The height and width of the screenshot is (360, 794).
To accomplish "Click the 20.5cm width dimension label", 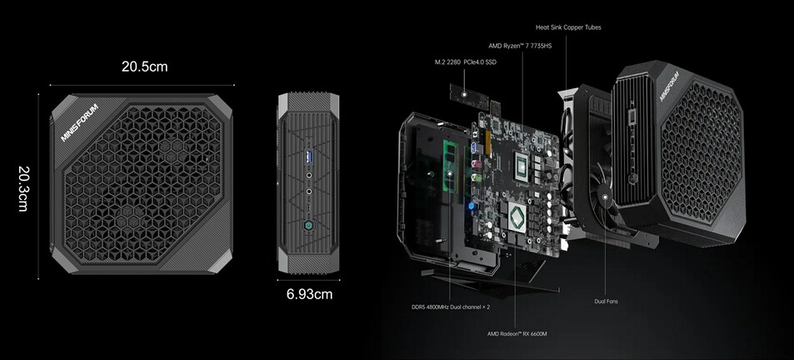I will point(144,67).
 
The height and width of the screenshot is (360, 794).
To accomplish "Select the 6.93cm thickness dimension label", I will point(309,293).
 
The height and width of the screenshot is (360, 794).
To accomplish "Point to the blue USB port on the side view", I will point(310,157).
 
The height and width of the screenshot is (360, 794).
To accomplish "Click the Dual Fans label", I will point(606,301).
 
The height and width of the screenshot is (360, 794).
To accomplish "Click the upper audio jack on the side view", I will point(310,176).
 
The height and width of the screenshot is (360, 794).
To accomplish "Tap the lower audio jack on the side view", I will point(310,192).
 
